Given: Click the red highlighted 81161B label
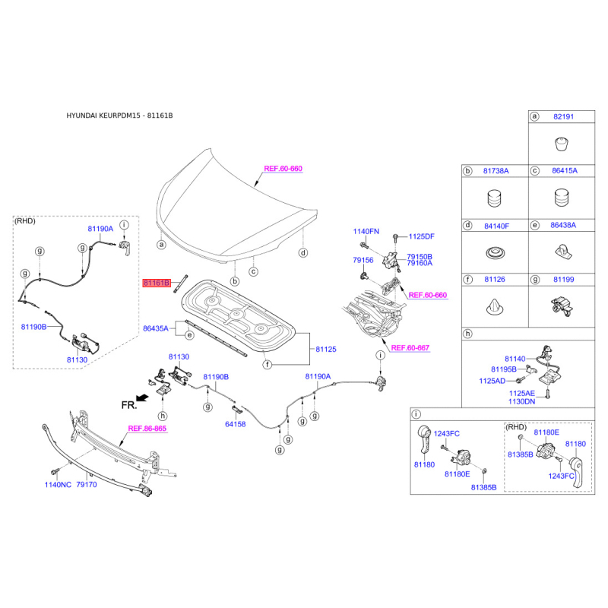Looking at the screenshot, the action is tap(157, 283).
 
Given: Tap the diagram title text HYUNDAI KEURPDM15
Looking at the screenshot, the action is tap(103, 116).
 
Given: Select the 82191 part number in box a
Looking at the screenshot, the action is tap(563, 117).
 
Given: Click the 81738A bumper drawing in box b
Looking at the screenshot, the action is tap(494, 198).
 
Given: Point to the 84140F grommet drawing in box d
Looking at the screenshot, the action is tap(496, 253).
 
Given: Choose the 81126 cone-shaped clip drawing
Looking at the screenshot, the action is tap(495, 307).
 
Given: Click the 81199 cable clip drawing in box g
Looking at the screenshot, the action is tap(562, 307).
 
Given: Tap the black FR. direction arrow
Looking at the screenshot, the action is tap(143, 397).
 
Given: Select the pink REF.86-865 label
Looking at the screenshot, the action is tap(147, 429).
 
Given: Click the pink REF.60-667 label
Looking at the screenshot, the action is tap(410, 348).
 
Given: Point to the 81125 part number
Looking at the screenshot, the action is tap(326, 350).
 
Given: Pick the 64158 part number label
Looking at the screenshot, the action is tap(236, 424).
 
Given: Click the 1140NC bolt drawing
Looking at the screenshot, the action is tap(54, 471).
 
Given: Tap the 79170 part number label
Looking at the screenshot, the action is tap(87, 485).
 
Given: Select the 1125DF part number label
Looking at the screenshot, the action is tap(422, 236).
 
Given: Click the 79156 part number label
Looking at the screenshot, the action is tap(363, 260).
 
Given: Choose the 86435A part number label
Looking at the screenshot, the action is tap(156, 328).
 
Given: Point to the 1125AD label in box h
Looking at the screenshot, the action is tap(492, 381).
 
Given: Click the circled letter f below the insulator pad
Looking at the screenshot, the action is tap(268, 365).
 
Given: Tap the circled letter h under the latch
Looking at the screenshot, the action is tap(163, 416).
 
